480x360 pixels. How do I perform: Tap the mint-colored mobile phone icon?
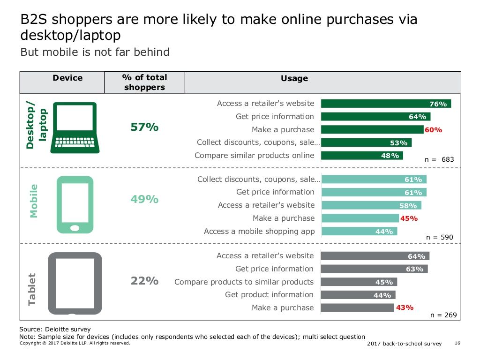tap(75, 204)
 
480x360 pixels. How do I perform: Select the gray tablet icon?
tap(75, 283)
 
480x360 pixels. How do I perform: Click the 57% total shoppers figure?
tap(144, 127)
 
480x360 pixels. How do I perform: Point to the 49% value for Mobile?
tap(144, 199)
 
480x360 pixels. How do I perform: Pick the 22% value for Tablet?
tap(144, 281)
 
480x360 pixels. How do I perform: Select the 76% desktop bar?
tap(385, 104)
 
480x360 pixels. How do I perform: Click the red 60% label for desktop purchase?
tap(433, 130)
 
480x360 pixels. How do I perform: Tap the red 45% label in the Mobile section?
tap(409, 218)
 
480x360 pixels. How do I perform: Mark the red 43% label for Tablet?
tap(405, 307)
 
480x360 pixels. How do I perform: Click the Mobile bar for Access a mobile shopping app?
tap(359, 231)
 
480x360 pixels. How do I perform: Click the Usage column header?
tap(294, 79)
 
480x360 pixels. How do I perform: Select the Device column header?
tap(67, 78)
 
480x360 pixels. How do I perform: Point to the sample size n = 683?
tap(439, 159)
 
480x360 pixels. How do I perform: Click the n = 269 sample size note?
tap(443, 315)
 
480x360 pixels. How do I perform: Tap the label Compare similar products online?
tap(254, 156)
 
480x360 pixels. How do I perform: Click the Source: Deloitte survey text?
tap(55, 330)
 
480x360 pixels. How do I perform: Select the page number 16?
tap(458, 344)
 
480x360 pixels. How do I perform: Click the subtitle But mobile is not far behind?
tap(95, 52)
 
